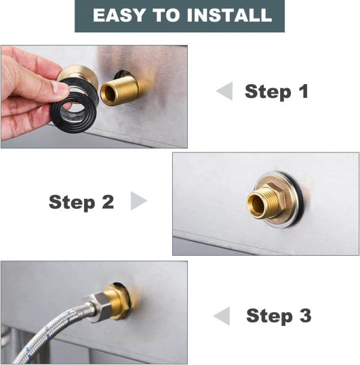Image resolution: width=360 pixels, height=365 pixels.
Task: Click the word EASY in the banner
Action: click(x=119, y=15)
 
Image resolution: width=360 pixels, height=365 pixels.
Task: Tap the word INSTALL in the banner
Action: click(x=229, y=15)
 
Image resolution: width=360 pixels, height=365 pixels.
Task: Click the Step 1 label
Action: click(x=277, y=92)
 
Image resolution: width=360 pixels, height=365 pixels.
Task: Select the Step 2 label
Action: click(x=82, y=202)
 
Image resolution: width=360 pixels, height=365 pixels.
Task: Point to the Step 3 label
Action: click(x=278, y=316)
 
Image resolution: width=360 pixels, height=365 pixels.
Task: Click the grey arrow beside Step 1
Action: click(x=224, y=91)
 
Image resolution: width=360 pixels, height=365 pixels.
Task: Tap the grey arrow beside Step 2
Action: click(x=139, y=201)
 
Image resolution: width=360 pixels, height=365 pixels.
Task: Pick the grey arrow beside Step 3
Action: click(x=221, y=316)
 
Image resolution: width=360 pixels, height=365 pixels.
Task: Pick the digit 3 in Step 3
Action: click(x=305, y=315)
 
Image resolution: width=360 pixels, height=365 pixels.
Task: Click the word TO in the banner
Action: click(x=166, y=15)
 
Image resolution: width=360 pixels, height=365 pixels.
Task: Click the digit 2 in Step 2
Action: click(x=108, y=201)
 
